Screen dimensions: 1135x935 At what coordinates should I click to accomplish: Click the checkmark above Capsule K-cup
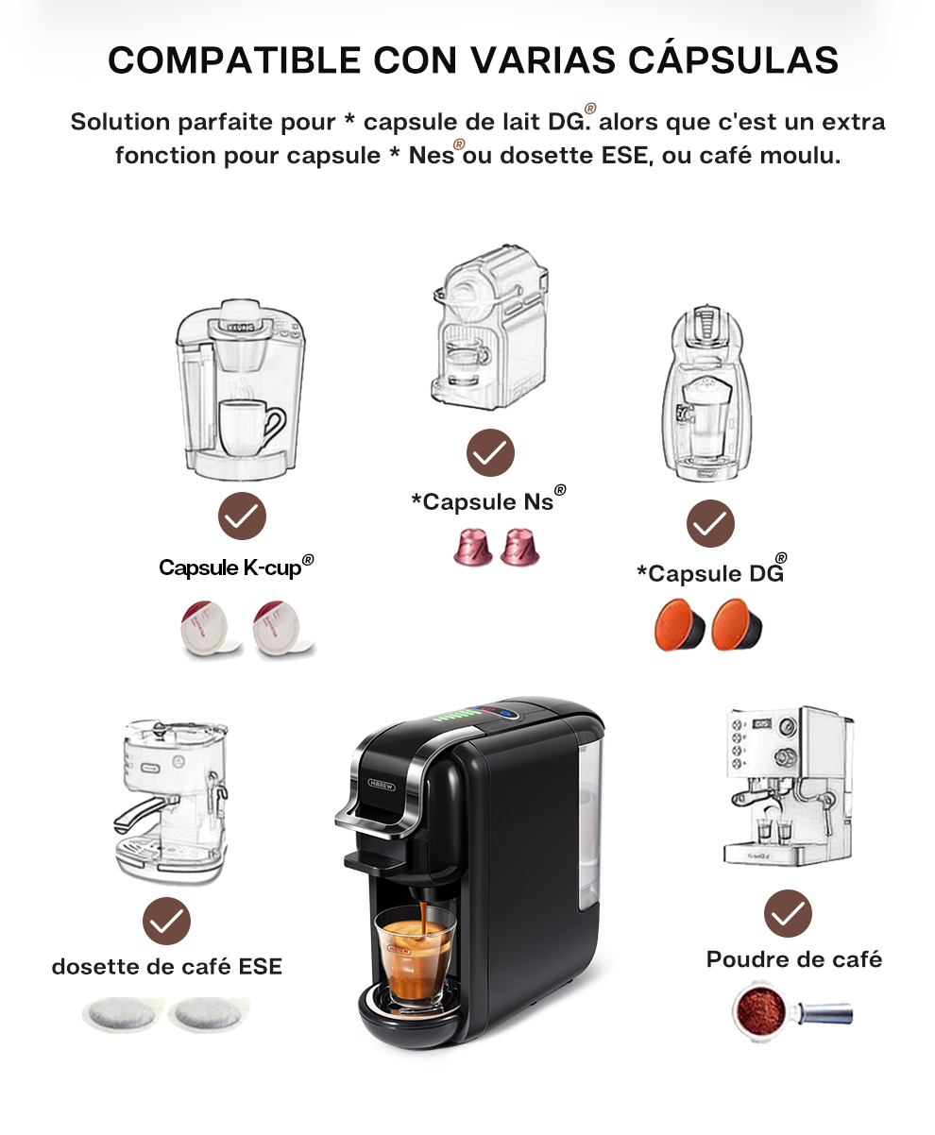(x=243, y=516)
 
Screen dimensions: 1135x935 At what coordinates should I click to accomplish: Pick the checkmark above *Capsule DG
(x=710, y=523)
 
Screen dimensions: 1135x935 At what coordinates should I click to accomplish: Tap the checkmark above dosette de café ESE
(x=166, y=922)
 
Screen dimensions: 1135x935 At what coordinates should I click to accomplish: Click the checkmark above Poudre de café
(x=787, y=913)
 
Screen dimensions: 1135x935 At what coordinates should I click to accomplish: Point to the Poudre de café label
(x=793, y=959)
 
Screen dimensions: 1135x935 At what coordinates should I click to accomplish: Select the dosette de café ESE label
(x=166, y=967)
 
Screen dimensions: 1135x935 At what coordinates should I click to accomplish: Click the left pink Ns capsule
(x=469, y=547)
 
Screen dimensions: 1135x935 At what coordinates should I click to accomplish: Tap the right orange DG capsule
(x=738, y=626)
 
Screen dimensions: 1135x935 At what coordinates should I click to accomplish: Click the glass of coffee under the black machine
(x=415, y=954)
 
